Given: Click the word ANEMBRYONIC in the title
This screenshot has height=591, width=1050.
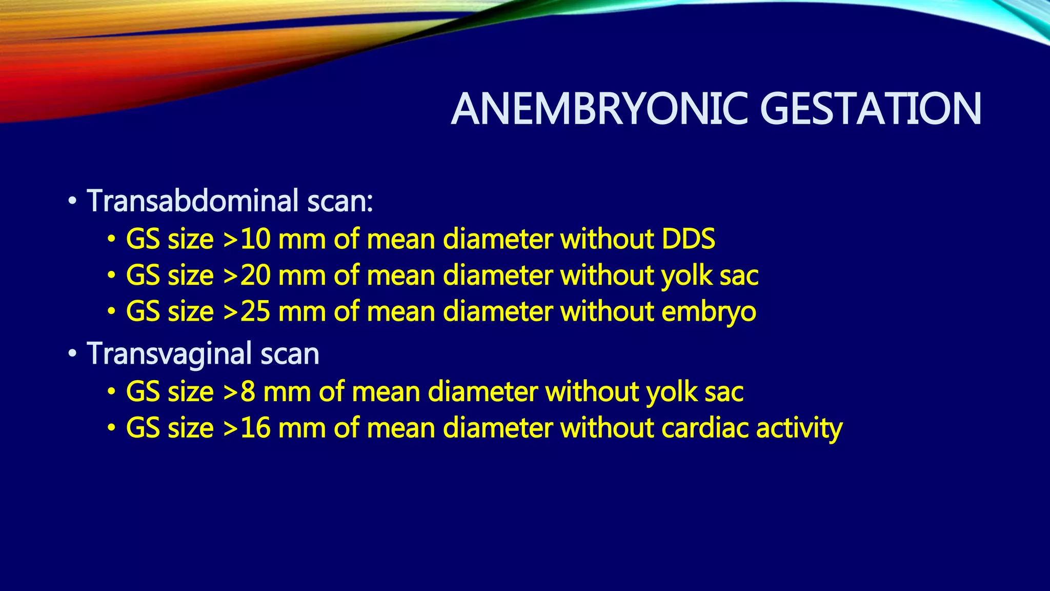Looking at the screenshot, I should (x=600, y=109).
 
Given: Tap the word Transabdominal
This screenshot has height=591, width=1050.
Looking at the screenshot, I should (x=193, y=201).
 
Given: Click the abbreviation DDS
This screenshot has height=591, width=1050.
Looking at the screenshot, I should (x=688, y=239).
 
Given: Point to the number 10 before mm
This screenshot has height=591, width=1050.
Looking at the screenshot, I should (x=255, y=239).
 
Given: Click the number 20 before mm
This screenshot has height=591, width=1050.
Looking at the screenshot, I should (x=255, y=275).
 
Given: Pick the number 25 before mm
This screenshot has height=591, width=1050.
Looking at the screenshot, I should (x=255, y=311).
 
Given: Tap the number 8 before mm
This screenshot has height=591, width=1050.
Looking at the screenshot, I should (x=248, y=392).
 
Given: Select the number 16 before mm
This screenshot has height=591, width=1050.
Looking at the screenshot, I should (x=255, y=428).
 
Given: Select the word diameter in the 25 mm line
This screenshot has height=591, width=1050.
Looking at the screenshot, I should (x=497, y=311).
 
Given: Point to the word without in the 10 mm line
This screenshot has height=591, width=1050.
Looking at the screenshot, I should (x=607, y=239).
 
